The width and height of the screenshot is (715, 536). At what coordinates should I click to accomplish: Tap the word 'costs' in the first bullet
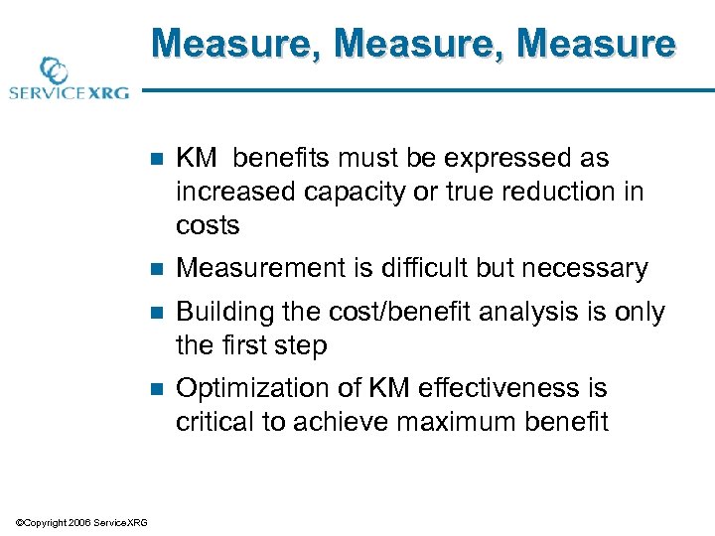coord(208,225)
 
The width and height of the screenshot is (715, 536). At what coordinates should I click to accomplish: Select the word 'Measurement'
coord(254,268)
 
